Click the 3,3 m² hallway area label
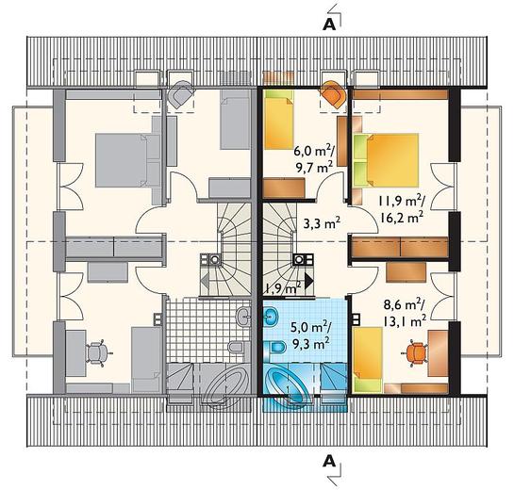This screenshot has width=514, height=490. (x=322, y=223)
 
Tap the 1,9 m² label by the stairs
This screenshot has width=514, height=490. (x=283, y=288)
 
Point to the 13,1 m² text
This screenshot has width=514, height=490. (x=405, y=321)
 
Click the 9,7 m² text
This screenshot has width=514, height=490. (x=315, y=168)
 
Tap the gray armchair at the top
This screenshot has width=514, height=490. (x=179, y=94)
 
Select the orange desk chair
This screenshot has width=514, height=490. (x=416, y=353)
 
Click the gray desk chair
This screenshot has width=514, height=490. (x=98, y=353)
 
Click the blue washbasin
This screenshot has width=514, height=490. (x=271, y=317)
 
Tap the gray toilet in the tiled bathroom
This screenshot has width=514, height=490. (x=236, y=347)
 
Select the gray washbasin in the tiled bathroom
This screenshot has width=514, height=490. (x=243, y=317)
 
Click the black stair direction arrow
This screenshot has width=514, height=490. (x=308, y=281)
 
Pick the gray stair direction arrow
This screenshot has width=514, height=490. (x=206, y=281)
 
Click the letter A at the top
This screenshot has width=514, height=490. (x=329, y=24)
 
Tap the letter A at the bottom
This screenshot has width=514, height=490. (x=329, y=462)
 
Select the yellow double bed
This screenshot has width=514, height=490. (x=386, y=160)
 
